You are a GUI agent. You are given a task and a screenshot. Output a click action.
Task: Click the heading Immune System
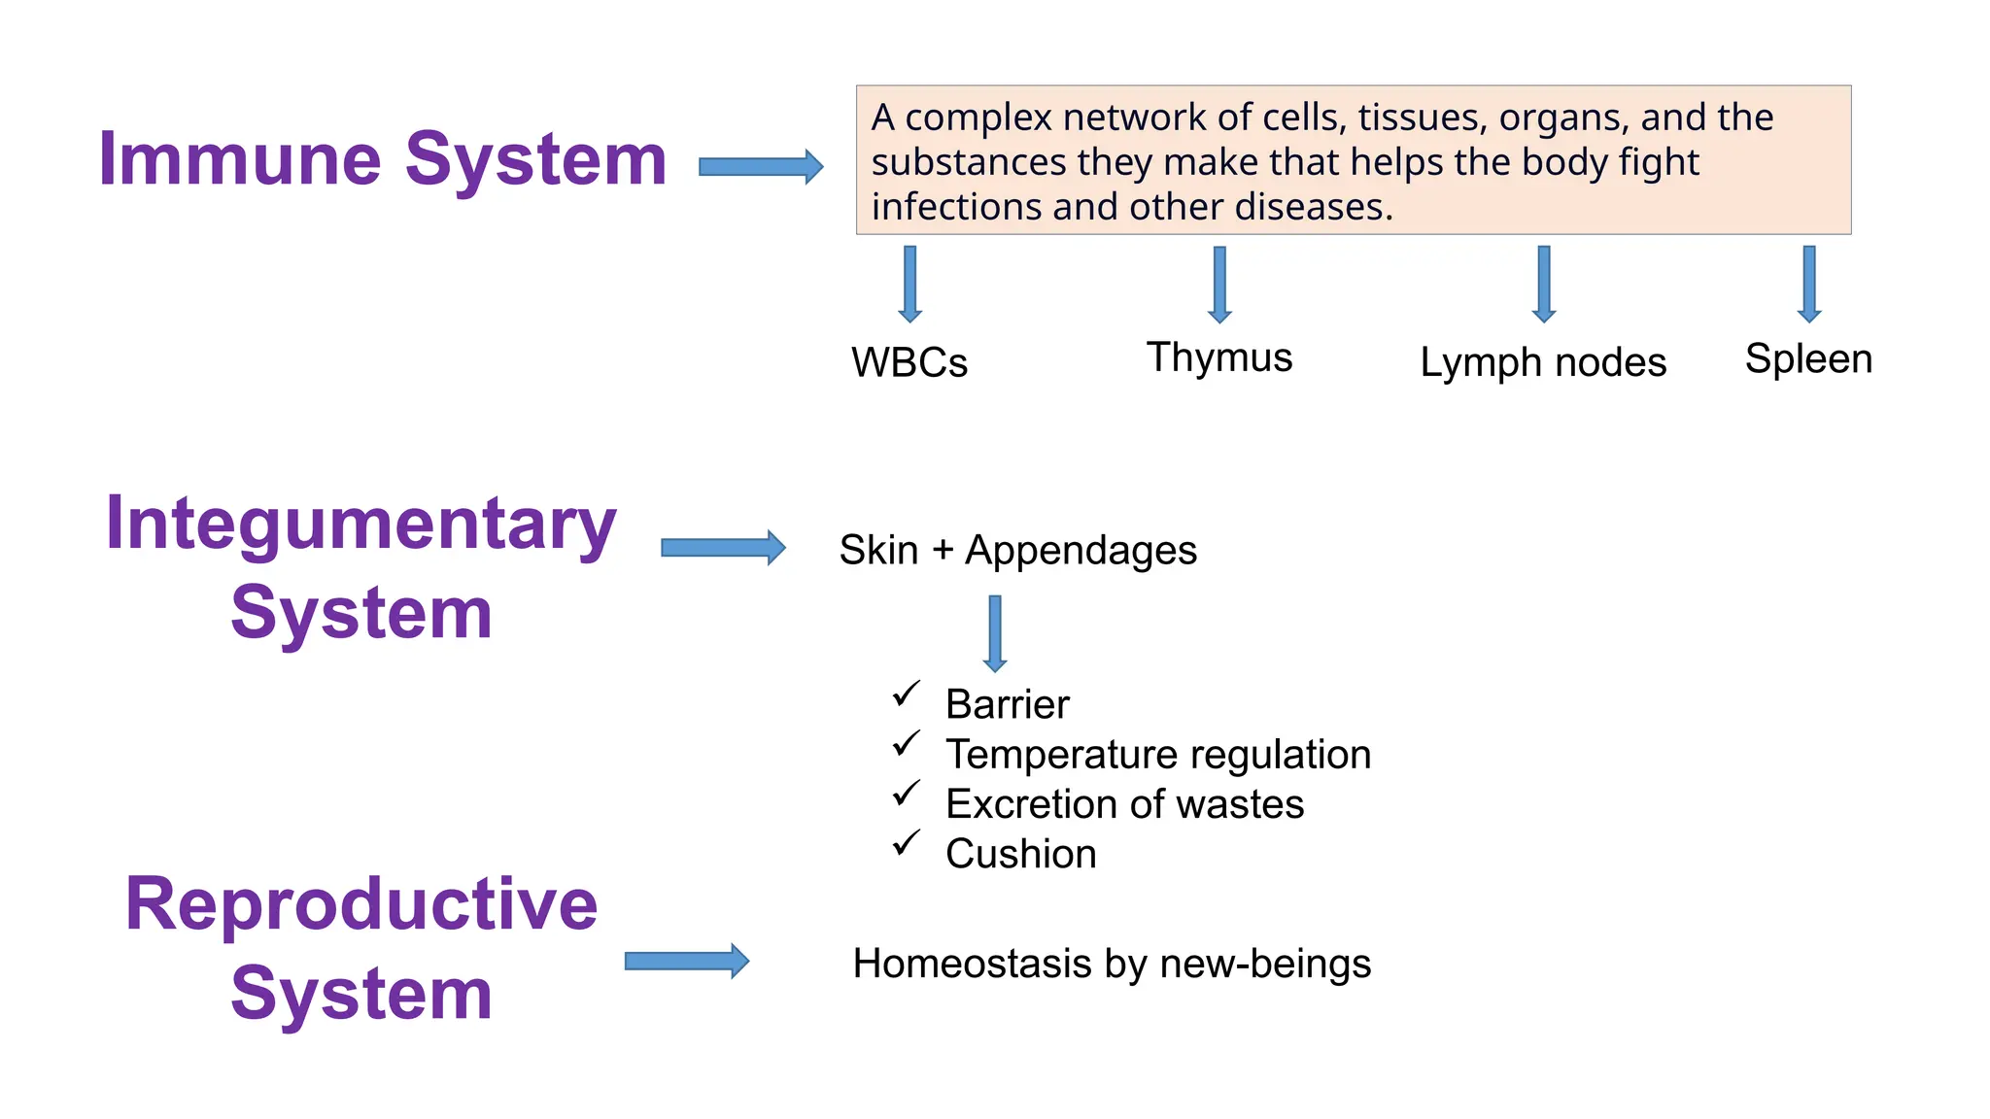click(382, 159)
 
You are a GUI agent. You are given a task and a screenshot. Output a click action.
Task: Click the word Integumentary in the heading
click(360, 525)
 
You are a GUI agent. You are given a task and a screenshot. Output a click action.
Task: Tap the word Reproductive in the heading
click(360, 904)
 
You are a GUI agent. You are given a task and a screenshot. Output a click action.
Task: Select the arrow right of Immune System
click(761, 166)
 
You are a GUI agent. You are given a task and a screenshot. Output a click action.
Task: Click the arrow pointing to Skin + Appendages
click(723, 548)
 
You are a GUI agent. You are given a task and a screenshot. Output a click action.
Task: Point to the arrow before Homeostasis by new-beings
click(686, 961)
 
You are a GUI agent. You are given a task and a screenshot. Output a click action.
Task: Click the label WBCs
click(909, 363)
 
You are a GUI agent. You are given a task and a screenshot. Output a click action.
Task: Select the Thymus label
click(1218, 357)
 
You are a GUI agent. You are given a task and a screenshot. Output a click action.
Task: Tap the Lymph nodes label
click(1542, 363)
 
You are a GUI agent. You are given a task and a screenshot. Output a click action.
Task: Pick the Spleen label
click(1807, 359)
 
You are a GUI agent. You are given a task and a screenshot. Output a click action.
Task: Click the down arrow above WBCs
click(909, 284)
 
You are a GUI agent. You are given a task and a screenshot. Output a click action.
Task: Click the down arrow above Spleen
click(1808, 284)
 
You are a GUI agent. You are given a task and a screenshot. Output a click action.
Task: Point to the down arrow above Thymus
click(1219, 284)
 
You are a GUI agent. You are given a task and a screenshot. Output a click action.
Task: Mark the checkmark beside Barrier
click(906, 695)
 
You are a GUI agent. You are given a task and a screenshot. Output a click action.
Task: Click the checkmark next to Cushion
click(906, 843)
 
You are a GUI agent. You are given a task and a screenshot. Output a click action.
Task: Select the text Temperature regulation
click(1157, 755)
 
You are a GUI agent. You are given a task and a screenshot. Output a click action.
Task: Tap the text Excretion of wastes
click(1124, 804)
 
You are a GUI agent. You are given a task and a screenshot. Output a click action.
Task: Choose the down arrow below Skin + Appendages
click(994, 633)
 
